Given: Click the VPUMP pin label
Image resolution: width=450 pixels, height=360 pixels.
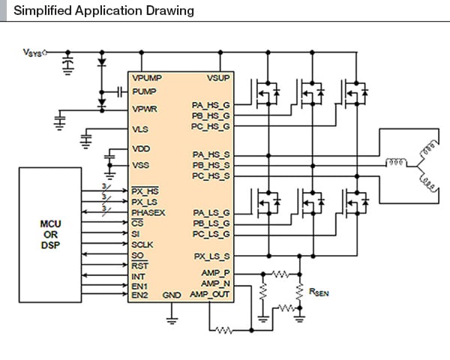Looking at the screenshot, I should coord(147,77).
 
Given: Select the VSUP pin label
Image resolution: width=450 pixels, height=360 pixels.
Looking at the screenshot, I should coord(218,77).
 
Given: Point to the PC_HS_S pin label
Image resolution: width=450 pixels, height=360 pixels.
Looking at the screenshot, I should coord(211,174).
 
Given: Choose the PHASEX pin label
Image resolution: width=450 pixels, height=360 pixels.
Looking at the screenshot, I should coord(148,212).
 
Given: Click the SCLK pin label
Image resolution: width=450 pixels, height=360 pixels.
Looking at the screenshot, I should coord(142,244).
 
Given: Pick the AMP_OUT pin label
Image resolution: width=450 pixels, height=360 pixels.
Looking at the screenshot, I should coord(211,295).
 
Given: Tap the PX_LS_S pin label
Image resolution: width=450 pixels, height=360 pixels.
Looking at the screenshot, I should coord(211,255).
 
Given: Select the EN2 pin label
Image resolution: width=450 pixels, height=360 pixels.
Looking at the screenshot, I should coord(139,295).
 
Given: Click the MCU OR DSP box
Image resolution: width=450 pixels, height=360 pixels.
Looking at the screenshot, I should coord(50,235).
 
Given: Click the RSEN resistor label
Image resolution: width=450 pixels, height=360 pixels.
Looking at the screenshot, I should coord(319,292).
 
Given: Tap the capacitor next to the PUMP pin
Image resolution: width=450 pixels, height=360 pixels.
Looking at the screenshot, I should coord(120,91).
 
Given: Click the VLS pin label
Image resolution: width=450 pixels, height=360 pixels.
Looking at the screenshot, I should coord(139,129).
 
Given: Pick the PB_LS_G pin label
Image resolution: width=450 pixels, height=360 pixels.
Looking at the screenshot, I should coord(211,223).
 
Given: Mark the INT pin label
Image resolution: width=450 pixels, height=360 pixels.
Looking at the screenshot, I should coord(138,275).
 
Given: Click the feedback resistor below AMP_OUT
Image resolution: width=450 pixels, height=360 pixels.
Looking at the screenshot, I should coord(223,329).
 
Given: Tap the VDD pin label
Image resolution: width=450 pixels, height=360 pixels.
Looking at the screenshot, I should coord(140,148).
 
